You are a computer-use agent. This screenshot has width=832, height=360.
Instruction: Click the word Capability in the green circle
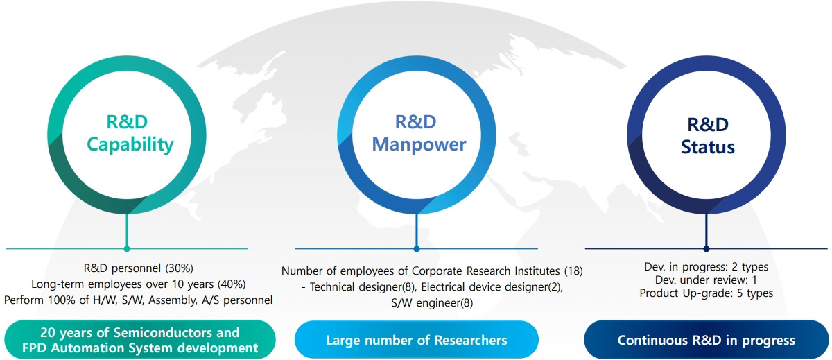coord(130,145)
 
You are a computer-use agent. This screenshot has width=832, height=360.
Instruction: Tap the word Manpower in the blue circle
coord(419,145)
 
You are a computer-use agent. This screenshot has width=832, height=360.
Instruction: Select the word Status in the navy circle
coord(708,147)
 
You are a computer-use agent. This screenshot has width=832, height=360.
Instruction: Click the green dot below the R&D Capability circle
coord(127,249)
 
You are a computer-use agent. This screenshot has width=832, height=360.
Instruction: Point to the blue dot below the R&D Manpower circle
coord(417,249)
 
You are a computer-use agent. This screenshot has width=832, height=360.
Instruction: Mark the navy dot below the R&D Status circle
coord(706,249)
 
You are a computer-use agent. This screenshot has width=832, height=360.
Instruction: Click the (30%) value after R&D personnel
coord(180,268)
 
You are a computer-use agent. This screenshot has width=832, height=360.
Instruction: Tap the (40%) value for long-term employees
coord(232,284)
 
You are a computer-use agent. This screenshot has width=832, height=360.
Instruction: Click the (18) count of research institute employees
coord(573,271)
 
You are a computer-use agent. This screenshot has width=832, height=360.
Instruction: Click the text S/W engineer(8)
coord(432,303)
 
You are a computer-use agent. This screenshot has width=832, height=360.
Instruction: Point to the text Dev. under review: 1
coord(706,280)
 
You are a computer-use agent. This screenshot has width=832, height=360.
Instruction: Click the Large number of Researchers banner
coord(417,340)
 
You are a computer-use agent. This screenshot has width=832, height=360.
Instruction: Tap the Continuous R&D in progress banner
coord(706,340)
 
